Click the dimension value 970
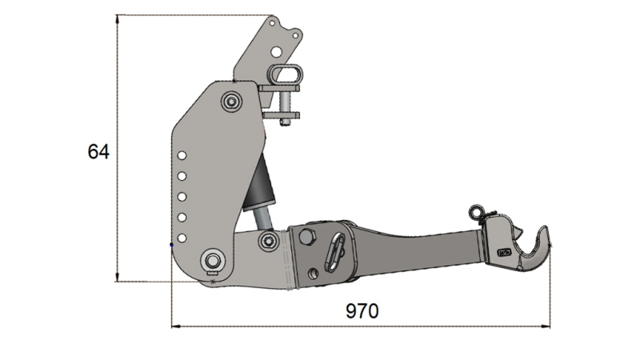click(x=362, y=311)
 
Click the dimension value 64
click(x=98, y=150)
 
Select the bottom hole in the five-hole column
click(x=182, y=237)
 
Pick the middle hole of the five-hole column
click(x=182, y=197)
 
